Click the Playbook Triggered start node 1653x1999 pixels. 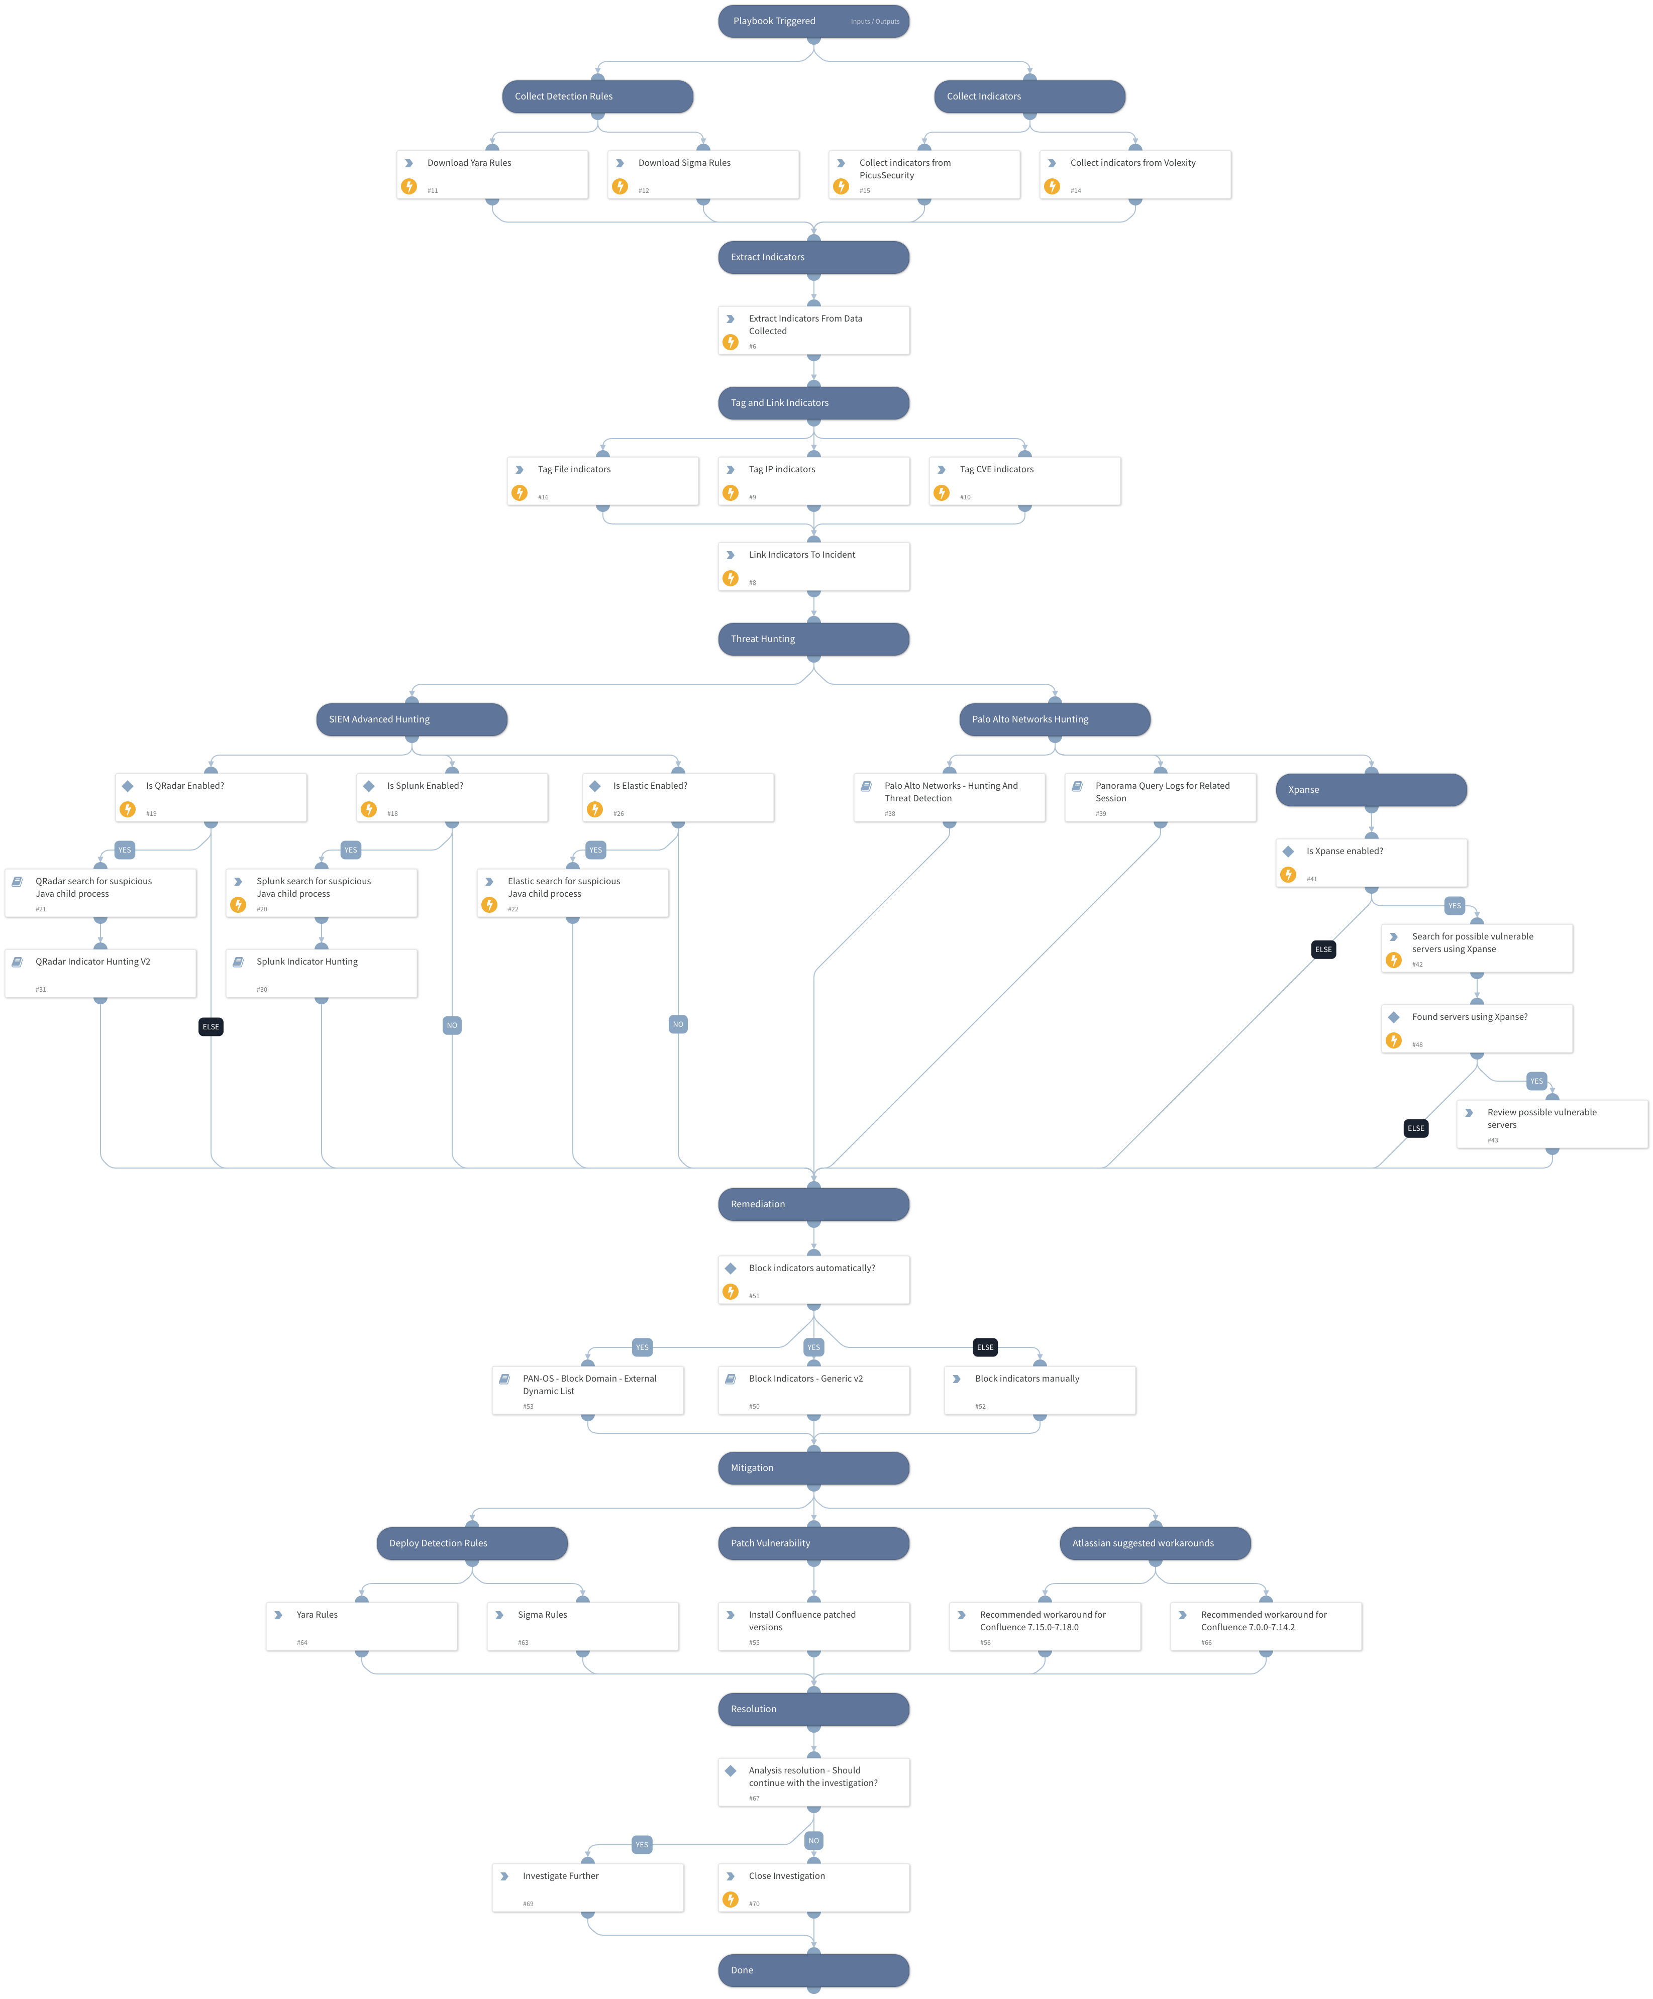812,21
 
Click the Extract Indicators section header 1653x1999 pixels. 812,257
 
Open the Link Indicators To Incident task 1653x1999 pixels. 812,566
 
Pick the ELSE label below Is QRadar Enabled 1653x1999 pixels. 211,1026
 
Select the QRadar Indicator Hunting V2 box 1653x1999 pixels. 100,973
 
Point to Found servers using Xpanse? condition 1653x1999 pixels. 1476,1028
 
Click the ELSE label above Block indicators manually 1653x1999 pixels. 985,1347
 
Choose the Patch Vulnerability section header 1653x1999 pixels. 812,1543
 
